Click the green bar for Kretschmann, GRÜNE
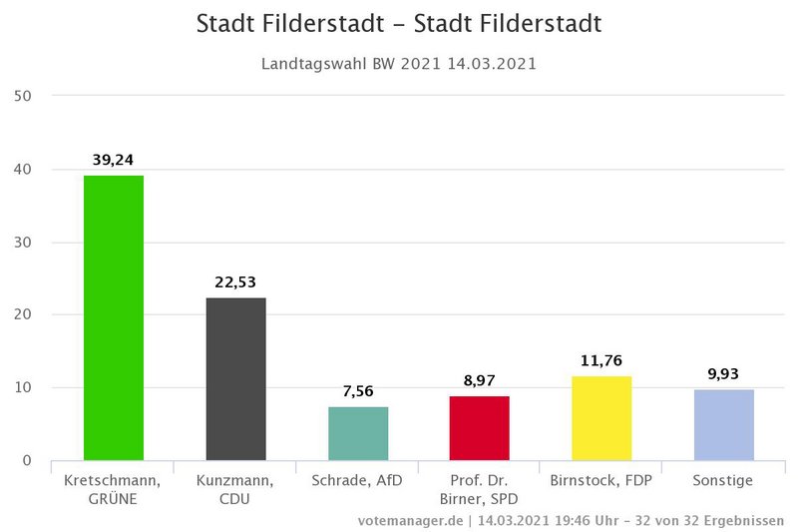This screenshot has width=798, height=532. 114,317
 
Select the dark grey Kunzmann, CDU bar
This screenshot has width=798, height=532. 235,378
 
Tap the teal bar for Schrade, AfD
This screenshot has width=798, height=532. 358,433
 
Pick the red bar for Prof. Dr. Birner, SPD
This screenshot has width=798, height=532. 480,428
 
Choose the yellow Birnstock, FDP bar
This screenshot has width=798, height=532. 601,418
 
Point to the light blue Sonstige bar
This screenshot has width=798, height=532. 723,424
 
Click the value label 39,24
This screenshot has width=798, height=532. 114,159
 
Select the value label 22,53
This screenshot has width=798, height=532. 235,281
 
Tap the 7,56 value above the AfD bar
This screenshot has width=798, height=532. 358,390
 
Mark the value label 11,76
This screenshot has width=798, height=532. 601,360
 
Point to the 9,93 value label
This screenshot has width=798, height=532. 723,373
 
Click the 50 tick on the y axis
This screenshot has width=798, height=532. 23,96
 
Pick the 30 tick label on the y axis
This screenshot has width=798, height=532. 23,242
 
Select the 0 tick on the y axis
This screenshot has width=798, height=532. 27,461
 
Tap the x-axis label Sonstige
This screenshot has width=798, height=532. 723,480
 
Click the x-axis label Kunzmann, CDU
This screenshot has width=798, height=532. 235,489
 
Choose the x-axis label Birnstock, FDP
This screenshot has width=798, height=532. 601,480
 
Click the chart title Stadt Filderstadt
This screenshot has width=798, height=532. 399,23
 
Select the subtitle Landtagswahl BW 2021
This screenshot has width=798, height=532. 399,64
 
